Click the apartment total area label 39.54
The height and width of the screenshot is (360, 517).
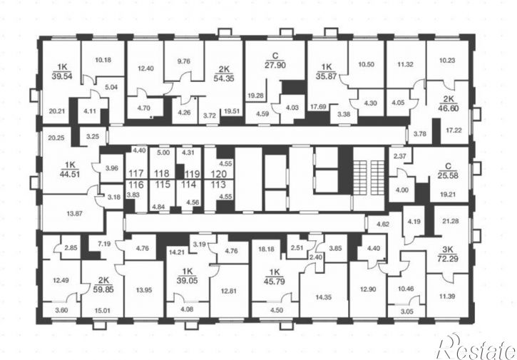62,76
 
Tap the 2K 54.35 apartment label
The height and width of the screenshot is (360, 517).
224,74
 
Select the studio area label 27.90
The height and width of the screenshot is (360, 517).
275,65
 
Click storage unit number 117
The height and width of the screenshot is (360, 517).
135,173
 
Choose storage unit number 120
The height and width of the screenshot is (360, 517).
219,174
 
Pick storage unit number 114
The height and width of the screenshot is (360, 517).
188,185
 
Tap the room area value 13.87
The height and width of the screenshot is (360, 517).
74,214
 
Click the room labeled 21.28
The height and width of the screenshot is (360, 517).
451,221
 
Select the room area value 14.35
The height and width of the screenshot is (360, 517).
324,297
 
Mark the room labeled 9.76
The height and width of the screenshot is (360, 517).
184,61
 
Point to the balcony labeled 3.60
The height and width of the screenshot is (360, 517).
61,310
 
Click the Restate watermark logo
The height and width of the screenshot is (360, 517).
476,347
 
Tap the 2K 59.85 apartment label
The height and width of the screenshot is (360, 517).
103,285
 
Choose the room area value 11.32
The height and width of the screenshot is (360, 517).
405,64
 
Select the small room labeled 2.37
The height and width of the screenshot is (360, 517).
400,156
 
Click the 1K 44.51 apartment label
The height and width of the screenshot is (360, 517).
70,170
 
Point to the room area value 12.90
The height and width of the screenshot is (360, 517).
368,289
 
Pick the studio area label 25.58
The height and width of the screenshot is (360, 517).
448,175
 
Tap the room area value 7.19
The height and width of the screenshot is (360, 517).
105,245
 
